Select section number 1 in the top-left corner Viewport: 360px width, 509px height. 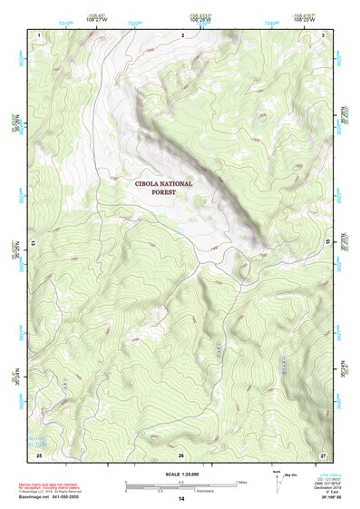(40, 34)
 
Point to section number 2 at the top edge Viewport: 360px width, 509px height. (182, 34)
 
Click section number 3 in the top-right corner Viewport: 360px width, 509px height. (323, 34)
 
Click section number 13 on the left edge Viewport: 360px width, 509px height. (34, 243)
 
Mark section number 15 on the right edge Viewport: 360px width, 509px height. (327, 243)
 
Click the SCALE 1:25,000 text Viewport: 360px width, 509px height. (180, 472)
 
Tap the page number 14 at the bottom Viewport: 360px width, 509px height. (180, 499)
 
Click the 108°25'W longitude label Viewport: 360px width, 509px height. (304, 18)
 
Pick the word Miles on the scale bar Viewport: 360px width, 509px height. (241, 481)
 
